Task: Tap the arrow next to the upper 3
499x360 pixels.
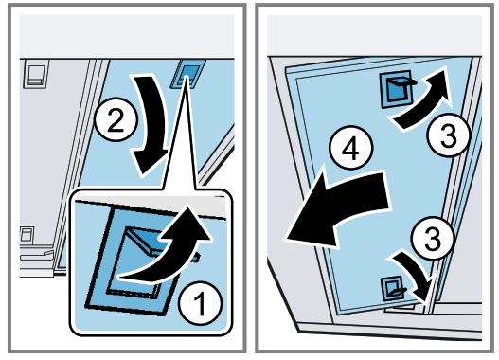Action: pos(423,100)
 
